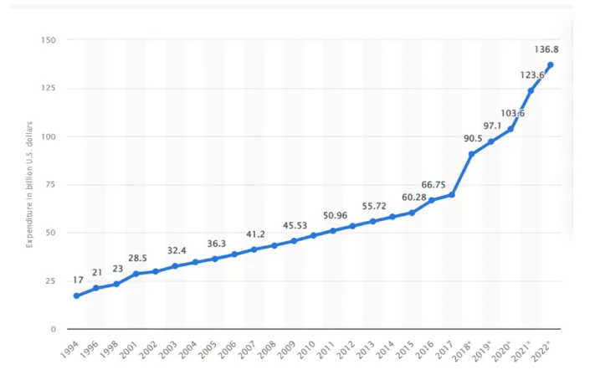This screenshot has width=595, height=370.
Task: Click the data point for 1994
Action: point(77,295)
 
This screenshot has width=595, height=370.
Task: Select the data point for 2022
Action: point(550,65)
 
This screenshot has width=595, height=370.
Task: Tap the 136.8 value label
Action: point(546,49)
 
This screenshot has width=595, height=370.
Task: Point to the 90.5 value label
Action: point(473,138)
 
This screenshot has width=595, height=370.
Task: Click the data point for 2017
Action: point(452,195)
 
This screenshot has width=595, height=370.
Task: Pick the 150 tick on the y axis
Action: point(49,40)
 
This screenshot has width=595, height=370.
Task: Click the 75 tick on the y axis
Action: point(50,185)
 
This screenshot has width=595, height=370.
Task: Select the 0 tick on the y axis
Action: point(54,329)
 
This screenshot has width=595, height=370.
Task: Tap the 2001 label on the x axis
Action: point(129,350)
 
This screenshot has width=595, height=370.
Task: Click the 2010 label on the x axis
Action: point(306,350)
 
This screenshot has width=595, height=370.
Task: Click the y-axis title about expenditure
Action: point(29,185)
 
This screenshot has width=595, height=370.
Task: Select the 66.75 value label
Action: point(433,185)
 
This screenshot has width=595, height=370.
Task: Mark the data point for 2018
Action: point(471,154)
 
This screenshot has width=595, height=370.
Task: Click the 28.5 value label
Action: point(137,259)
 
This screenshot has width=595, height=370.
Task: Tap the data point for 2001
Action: point(136,274)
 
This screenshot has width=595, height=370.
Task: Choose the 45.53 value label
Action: point(295,226)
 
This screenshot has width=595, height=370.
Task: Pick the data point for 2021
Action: point(531,90)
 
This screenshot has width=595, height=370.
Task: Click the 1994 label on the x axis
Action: point(69,350)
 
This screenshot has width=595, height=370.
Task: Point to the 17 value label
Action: point(78,280)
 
